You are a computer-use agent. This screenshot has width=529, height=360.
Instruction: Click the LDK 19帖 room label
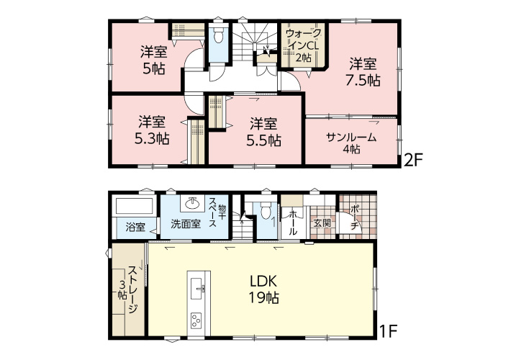(x=264, y=289)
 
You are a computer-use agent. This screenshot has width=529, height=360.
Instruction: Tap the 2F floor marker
(x=413, y=160)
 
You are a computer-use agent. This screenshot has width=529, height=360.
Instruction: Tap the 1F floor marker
(x=389, y=331)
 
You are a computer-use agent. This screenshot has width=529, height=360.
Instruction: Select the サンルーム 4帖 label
(x=351, y=143)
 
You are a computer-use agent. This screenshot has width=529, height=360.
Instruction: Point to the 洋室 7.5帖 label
(x=363, y=72)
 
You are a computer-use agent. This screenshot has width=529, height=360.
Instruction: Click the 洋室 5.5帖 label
(x=263, y=132)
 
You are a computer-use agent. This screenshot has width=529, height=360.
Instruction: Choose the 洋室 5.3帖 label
(x=152, y=130)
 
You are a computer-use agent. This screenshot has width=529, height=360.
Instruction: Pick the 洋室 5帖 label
(x=154, y=60)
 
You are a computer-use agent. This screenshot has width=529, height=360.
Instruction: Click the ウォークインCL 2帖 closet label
(x=303, y=45)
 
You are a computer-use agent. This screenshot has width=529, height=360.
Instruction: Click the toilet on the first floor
(x=266, y=210)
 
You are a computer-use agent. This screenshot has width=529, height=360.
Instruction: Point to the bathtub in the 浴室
(x=135, y=206)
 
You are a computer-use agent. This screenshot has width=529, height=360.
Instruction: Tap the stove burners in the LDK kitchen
(x=196, y=320)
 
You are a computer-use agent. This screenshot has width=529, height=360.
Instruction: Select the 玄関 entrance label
(x=322, y=223)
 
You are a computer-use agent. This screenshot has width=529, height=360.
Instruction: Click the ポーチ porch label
(x=354, y=217)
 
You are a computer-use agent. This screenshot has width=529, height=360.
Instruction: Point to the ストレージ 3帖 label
(x=127, y=290)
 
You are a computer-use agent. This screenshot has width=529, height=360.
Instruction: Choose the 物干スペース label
(x=217, y=212)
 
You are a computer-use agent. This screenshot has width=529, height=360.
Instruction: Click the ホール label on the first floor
(x=293, y=222)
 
